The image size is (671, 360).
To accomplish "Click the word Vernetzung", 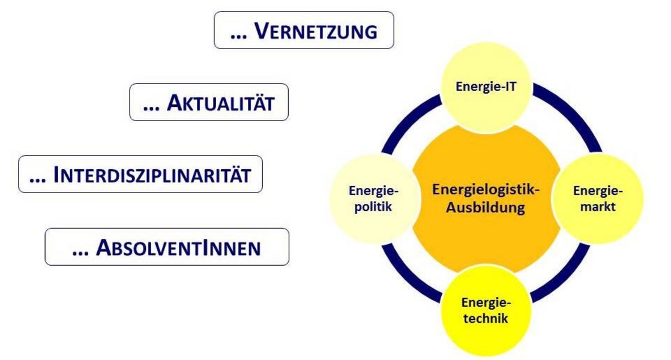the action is click(316, 31).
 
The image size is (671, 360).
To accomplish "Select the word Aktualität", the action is click(220, 103).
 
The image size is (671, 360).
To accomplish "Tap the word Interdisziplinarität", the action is click(152, 175).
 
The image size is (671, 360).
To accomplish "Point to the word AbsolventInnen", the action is click(178, 248).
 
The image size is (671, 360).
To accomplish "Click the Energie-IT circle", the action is click(486, 87).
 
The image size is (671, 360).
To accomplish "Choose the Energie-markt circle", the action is click(598, 199).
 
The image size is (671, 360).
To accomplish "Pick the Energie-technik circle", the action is click(486, 310).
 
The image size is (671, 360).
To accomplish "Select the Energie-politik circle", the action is click(373, 199).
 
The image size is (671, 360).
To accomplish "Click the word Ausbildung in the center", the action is click(486, 208).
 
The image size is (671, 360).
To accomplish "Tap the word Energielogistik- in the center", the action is click(486, 190).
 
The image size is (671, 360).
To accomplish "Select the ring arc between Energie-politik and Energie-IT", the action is click(405, 118).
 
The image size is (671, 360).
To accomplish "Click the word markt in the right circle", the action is click(598, 207).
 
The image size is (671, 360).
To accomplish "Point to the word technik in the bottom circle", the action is click(486, 319).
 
